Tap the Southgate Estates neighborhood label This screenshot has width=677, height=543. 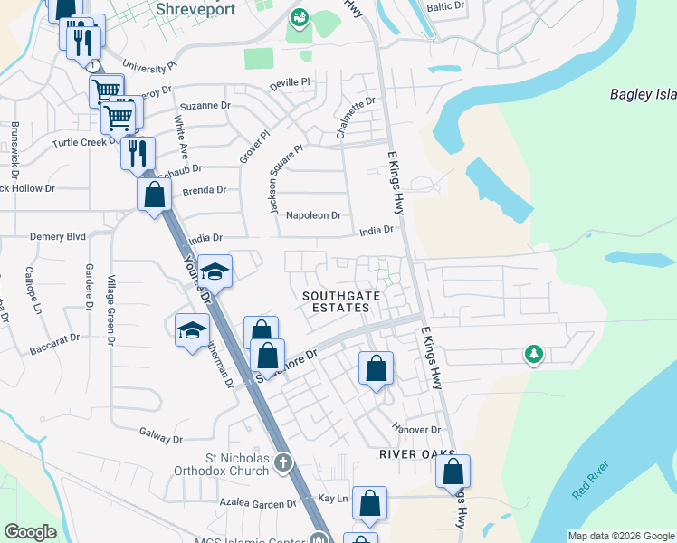pos(336,301)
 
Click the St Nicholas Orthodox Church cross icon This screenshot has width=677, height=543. pos(283,462)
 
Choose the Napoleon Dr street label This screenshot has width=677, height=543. pos(312,215)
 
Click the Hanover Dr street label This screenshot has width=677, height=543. pos(415,428)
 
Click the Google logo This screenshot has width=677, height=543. pos(31,532)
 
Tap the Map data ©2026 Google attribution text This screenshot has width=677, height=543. pos(621,536)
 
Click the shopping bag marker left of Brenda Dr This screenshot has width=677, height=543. pos(154,193)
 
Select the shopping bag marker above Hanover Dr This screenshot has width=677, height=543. pos(376,367)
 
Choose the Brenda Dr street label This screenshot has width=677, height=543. pos(204,190)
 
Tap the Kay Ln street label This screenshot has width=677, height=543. pos(332,499)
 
